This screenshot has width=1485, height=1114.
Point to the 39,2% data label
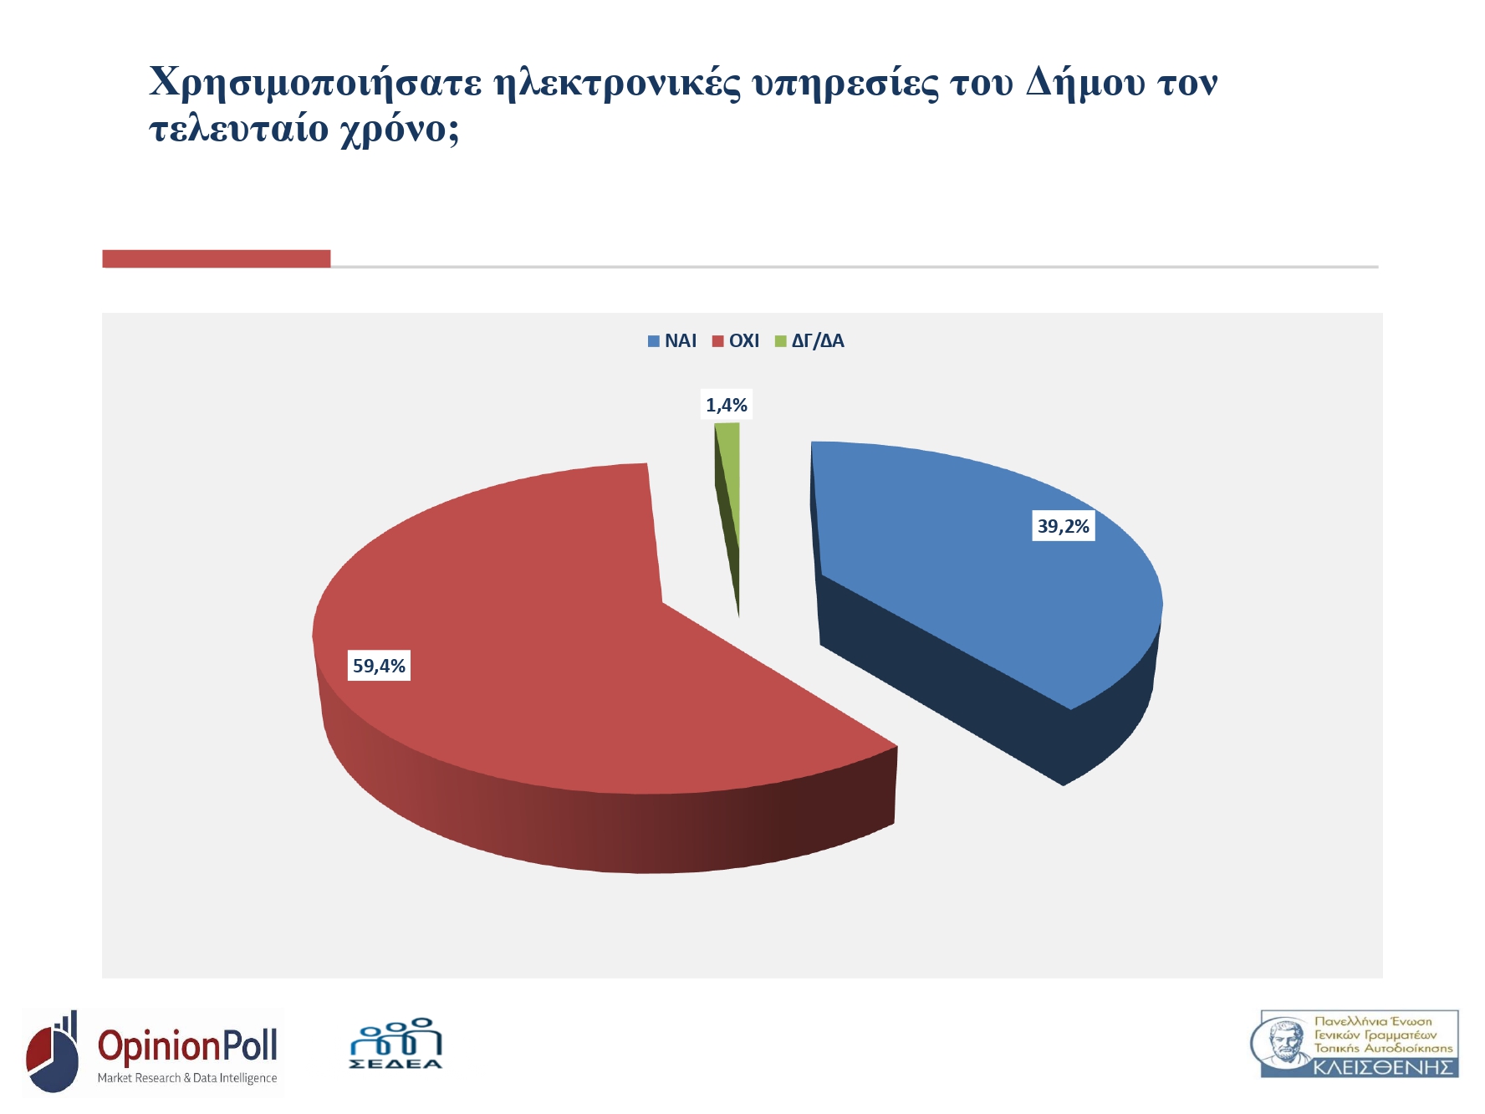[1064, 526]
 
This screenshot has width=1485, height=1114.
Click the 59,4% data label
[379, 666]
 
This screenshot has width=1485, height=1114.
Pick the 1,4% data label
[727, 405]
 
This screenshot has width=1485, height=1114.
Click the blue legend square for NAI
[654, 341]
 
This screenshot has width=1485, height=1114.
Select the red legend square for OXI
[717, 341]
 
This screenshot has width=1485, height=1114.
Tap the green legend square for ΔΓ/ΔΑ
[781, 341]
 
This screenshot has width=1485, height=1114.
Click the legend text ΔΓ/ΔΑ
[818, 341]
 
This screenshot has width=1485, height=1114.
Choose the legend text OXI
[744, 341]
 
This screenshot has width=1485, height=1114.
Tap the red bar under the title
[217, 258]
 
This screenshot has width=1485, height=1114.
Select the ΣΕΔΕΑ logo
[395, 1043]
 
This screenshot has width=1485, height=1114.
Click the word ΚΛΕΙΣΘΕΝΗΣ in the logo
[1383, 1067]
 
